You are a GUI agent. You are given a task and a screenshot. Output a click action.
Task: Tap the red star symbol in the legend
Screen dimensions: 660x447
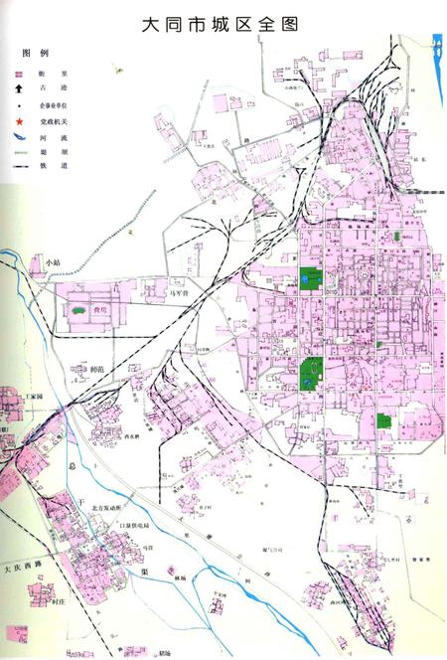click(x=17, y=119)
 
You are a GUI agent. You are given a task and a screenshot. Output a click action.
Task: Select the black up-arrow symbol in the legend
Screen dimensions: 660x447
click(x=17, y=87)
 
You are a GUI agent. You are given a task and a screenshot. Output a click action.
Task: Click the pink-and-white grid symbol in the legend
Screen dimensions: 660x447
click(x=17, y=72)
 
